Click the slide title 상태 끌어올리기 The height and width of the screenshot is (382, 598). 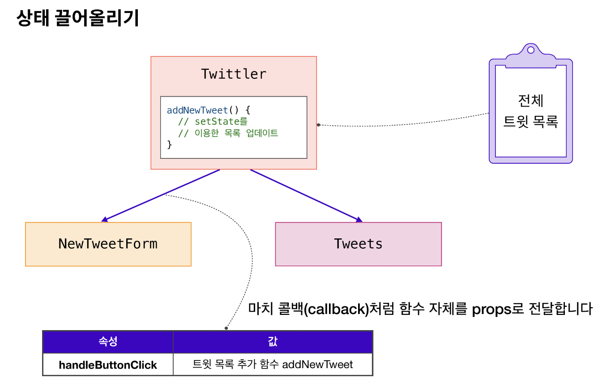pos(78,18)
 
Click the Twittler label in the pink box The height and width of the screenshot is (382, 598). pos(234,74)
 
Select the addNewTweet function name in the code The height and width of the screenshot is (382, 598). pos(197,110)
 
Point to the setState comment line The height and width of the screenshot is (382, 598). pos(213,122)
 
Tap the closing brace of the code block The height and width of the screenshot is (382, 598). pos(169,144)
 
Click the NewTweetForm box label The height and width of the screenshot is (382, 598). pos(108,244)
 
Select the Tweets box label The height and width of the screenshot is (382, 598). pos(358,244)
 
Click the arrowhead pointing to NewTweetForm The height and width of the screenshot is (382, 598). pos(104,220)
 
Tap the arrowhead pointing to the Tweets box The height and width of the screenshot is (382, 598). pos(359,220)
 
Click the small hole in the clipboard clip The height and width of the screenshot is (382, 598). pos(531,50)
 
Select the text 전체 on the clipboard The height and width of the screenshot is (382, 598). pos(531,101)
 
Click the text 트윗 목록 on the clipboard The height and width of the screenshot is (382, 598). pos(531,122)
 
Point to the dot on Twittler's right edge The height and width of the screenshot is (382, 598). pos(319,125)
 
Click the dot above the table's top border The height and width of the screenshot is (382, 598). pos(226,328)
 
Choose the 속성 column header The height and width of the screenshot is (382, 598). pos(108,341)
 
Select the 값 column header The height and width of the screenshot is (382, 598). pos(273,341)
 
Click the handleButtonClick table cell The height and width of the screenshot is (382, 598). pos(108,365)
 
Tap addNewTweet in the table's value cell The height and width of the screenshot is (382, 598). pos(317,365)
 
